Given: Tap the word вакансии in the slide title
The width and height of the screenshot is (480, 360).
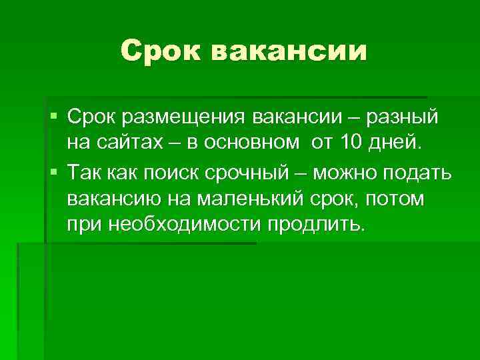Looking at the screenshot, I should pos(291,51).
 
